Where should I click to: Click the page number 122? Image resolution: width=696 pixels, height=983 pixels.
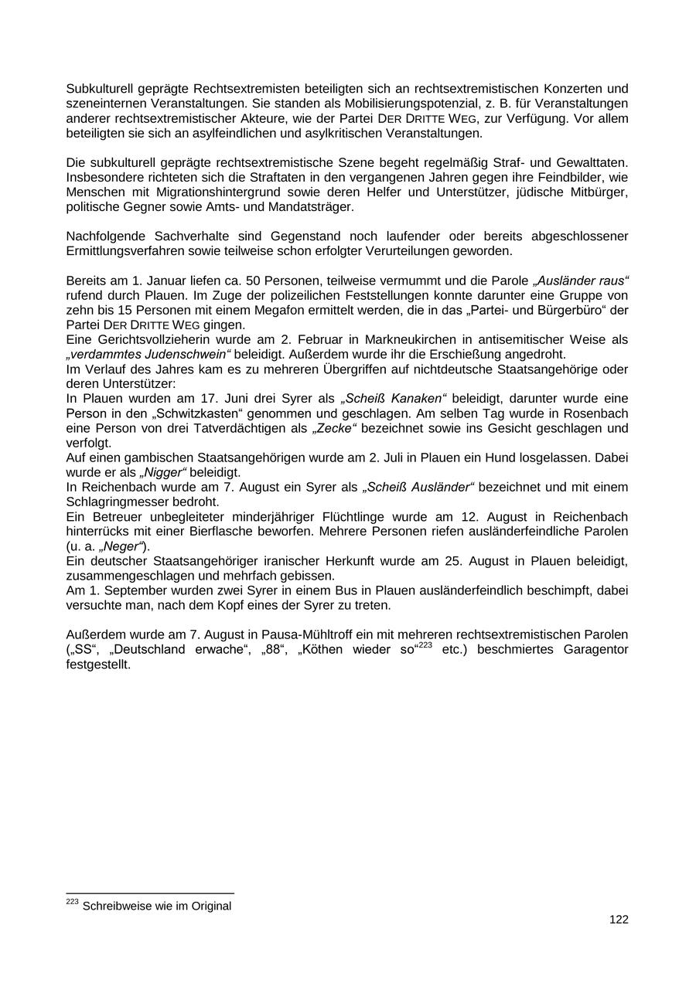[619, 920]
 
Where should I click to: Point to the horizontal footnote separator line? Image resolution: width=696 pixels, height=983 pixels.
[150, 894]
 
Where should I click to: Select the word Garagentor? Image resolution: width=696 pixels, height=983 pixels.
[595, 649]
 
